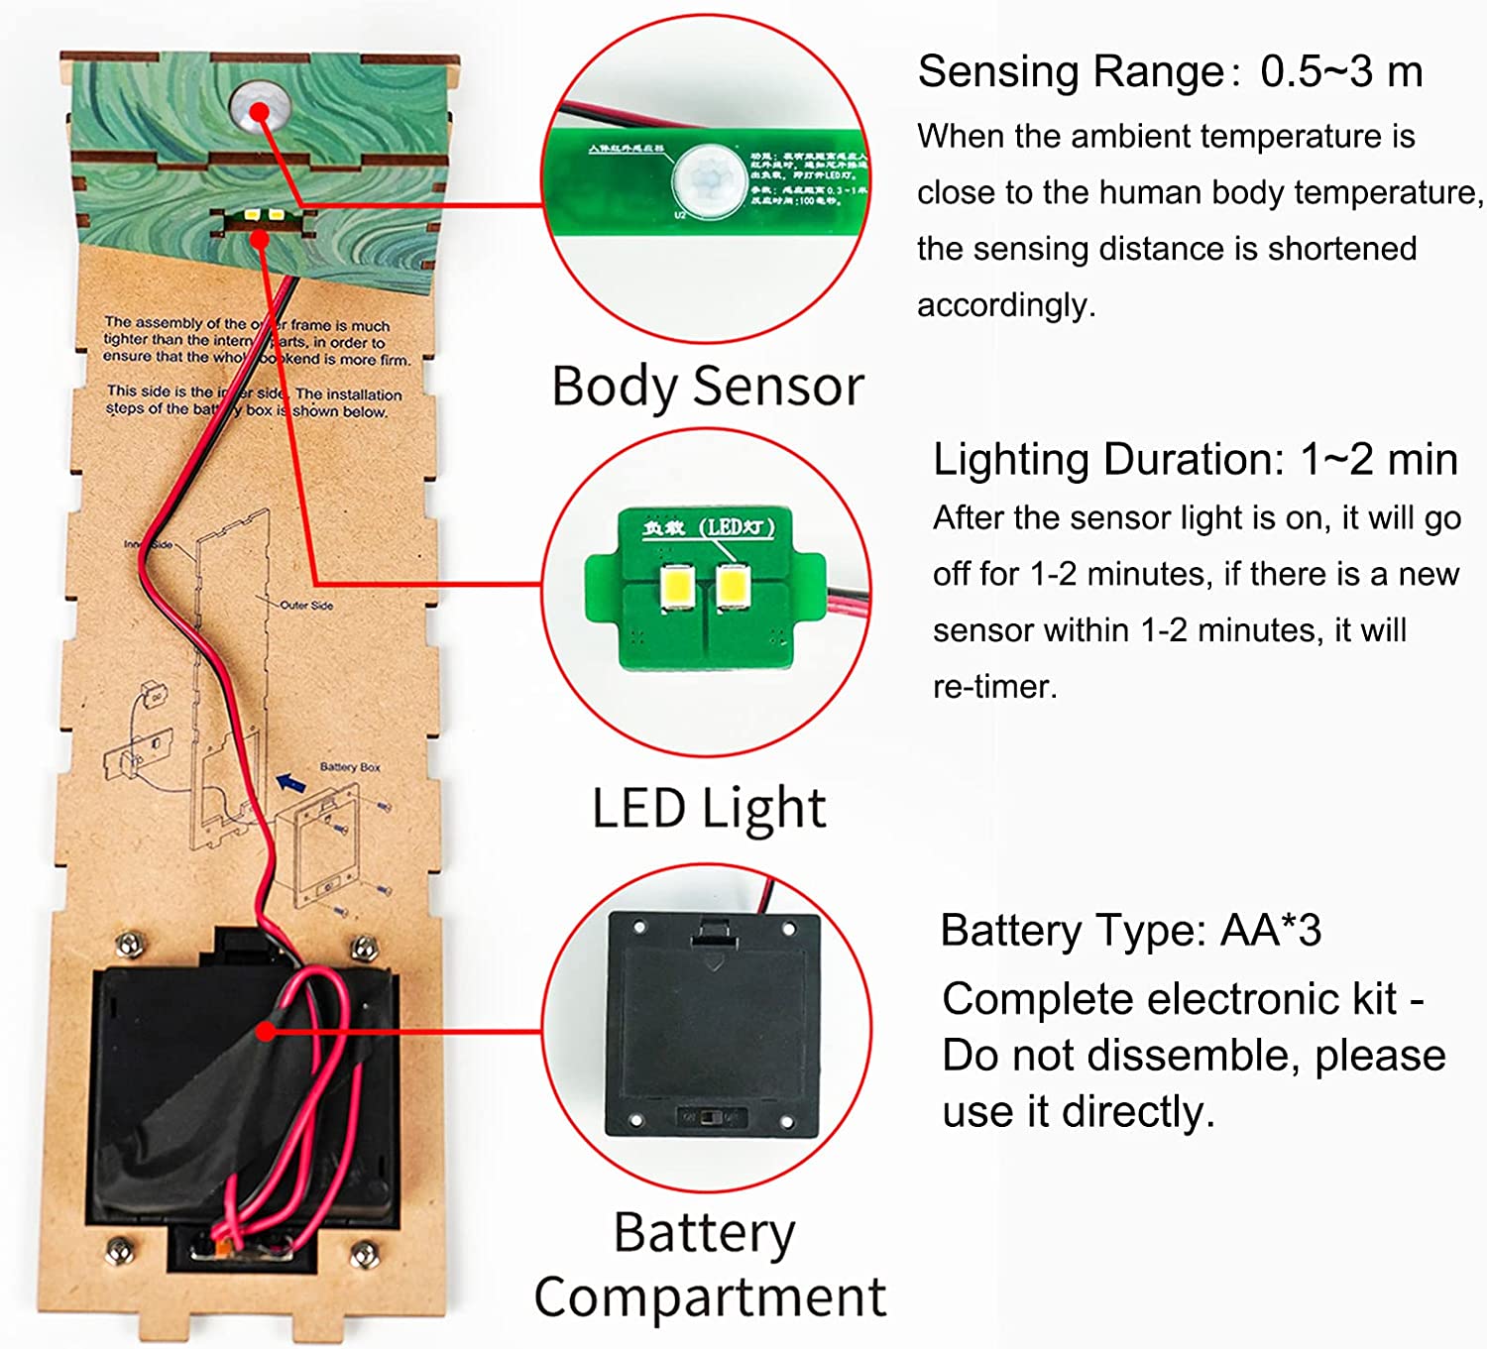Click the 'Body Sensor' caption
[707, 386]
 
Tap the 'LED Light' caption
[708, 808]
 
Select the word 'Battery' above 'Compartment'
[704, 1233]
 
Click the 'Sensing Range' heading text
[1072, 71]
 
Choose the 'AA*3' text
[1271, 931]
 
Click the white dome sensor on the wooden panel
[260, 107]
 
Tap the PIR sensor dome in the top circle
[710, 179]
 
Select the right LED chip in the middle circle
[734, 585]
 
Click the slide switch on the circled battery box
[710, 1117]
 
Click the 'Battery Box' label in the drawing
[349, 767]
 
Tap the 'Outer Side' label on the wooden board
[306, 605]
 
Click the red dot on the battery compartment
[265, 1032]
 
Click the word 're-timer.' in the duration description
[994, 686]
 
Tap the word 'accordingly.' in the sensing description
[1006, 304]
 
